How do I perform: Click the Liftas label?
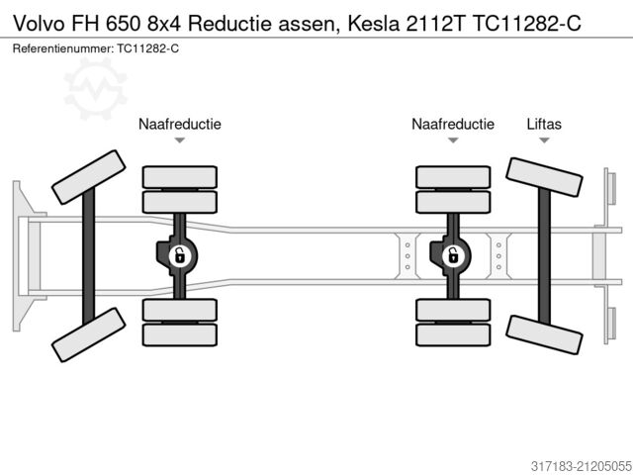click(543, 124)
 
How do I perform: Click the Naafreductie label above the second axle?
click(179, 124)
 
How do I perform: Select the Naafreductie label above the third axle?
click(453, 124)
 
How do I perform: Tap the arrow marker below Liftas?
click(543, 141)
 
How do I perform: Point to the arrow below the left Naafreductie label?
click(179, 141)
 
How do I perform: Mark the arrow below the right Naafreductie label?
click(453, 141)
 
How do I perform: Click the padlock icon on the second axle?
click(179, 256)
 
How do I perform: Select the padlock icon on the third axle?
click(453, 256)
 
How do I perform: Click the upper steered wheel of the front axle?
click(88, 176)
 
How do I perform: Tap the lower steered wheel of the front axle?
click(88, 333)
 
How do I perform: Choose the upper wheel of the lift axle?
click(543, 183)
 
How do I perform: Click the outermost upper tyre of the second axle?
click(179, 177)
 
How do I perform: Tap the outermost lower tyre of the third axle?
click(453, 335)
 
